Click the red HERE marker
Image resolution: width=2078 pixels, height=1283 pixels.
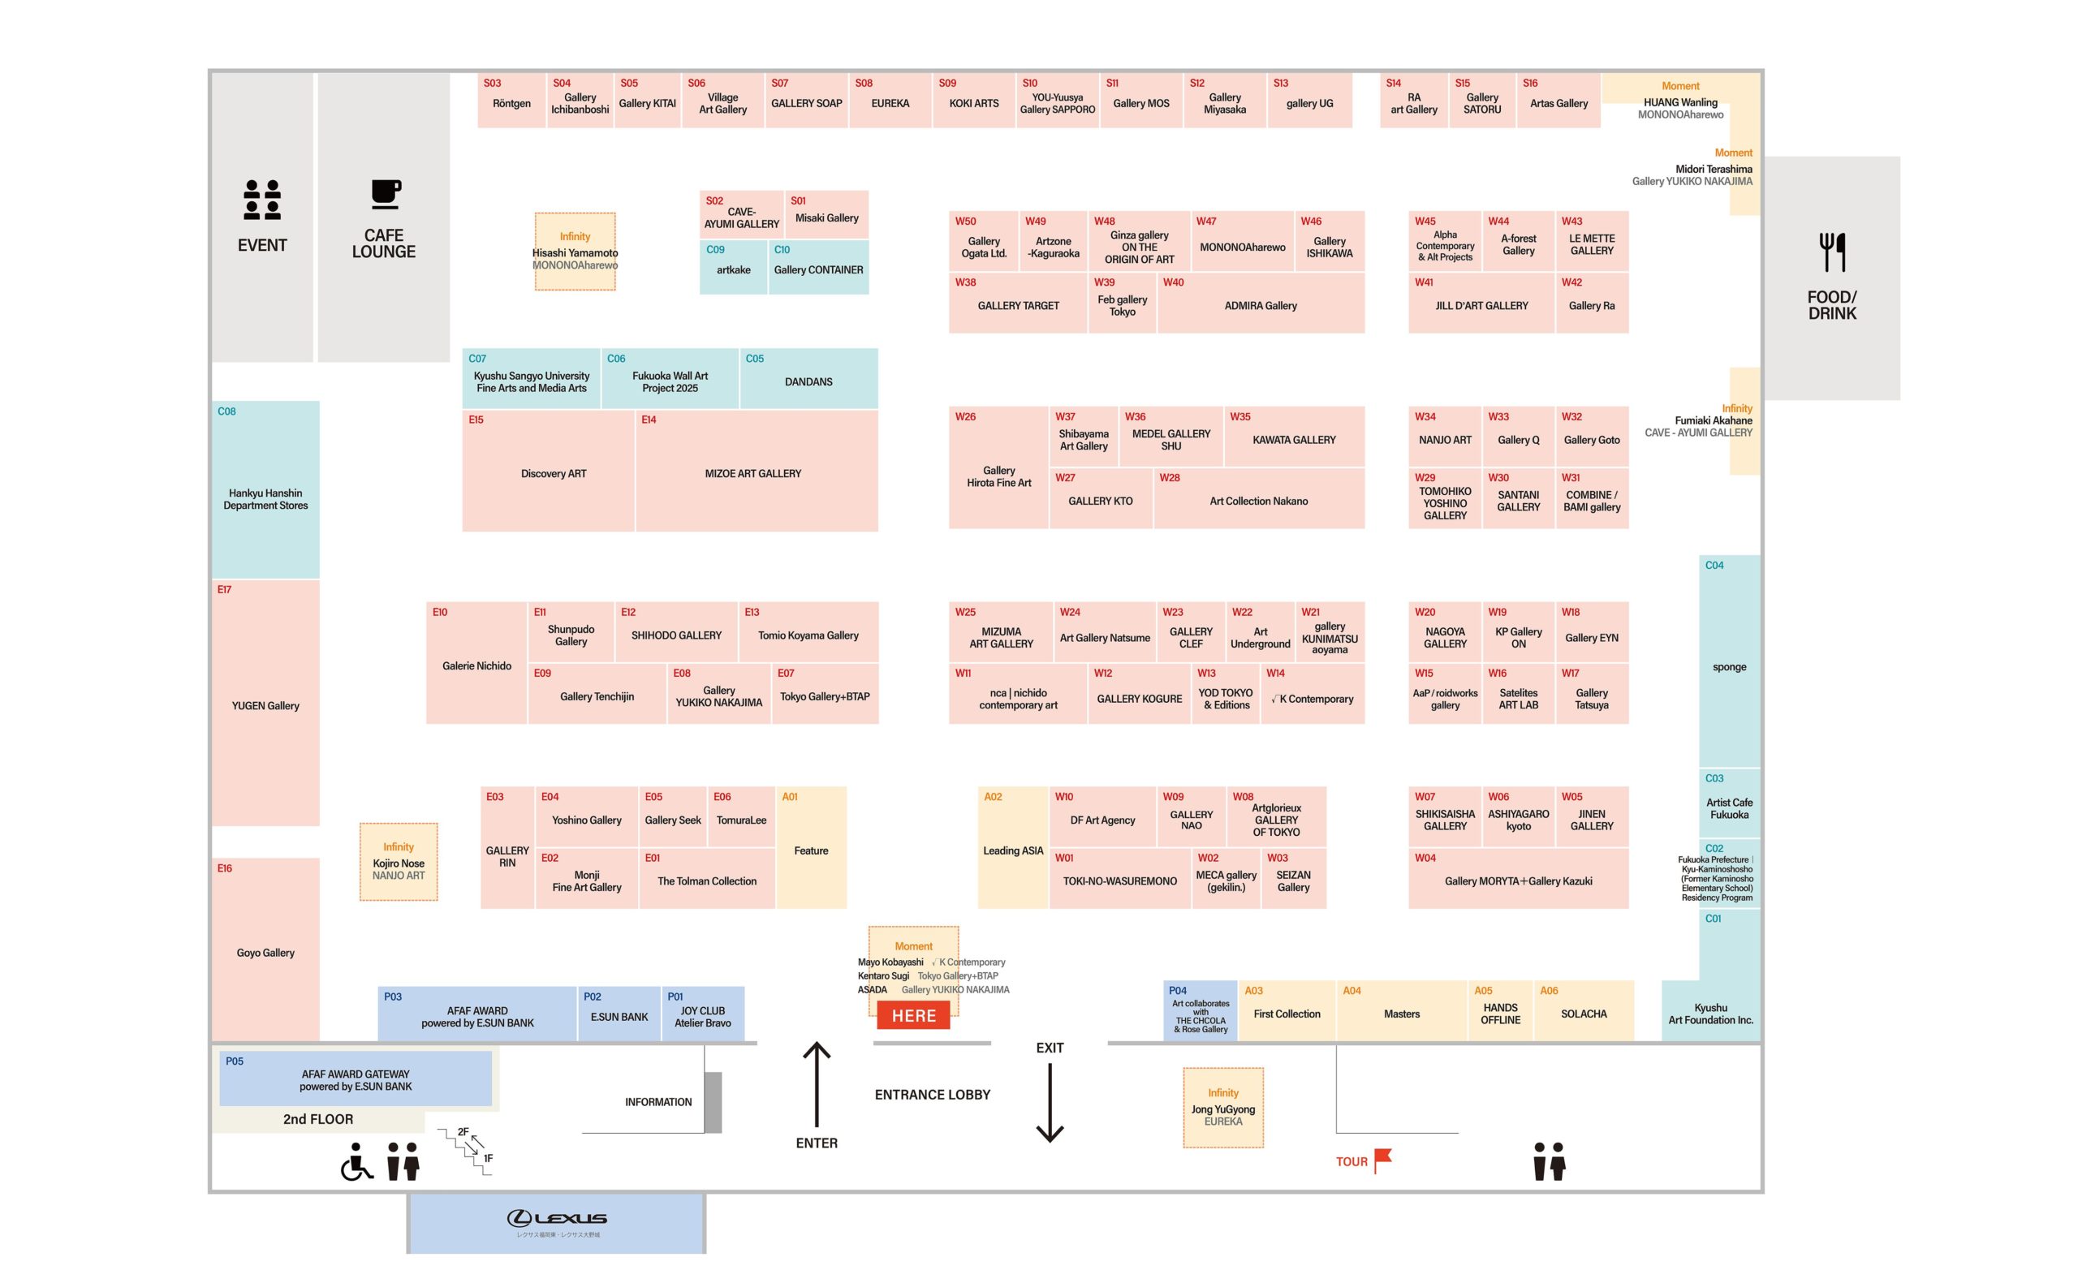coord(913,1016)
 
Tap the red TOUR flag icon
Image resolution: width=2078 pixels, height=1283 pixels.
coord(1382,1158)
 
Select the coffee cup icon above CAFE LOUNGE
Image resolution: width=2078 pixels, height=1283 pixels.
coord(386,194)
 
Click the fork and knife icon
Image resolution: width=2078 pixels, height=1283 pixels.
coord(1832,252)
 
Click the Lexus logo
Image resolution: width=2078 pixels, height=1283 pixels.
coord(557,1219)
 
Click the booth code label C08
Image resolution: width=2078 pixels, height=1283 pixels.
coord(226,411)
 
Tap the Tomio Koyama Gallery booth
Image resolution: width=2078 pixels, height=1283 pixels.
coord(808,634)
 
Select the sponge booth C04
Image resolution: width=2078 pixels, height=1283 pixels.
coord(1728,665)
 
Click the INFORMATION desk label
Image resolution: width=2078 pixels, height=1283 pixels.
coord(657,1101)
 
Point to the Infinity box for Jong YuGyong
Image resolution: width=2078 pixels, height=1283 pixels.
coord(1222,1108)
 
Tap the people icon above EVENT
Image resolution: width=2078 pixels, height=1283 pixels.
coord(262,200)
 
